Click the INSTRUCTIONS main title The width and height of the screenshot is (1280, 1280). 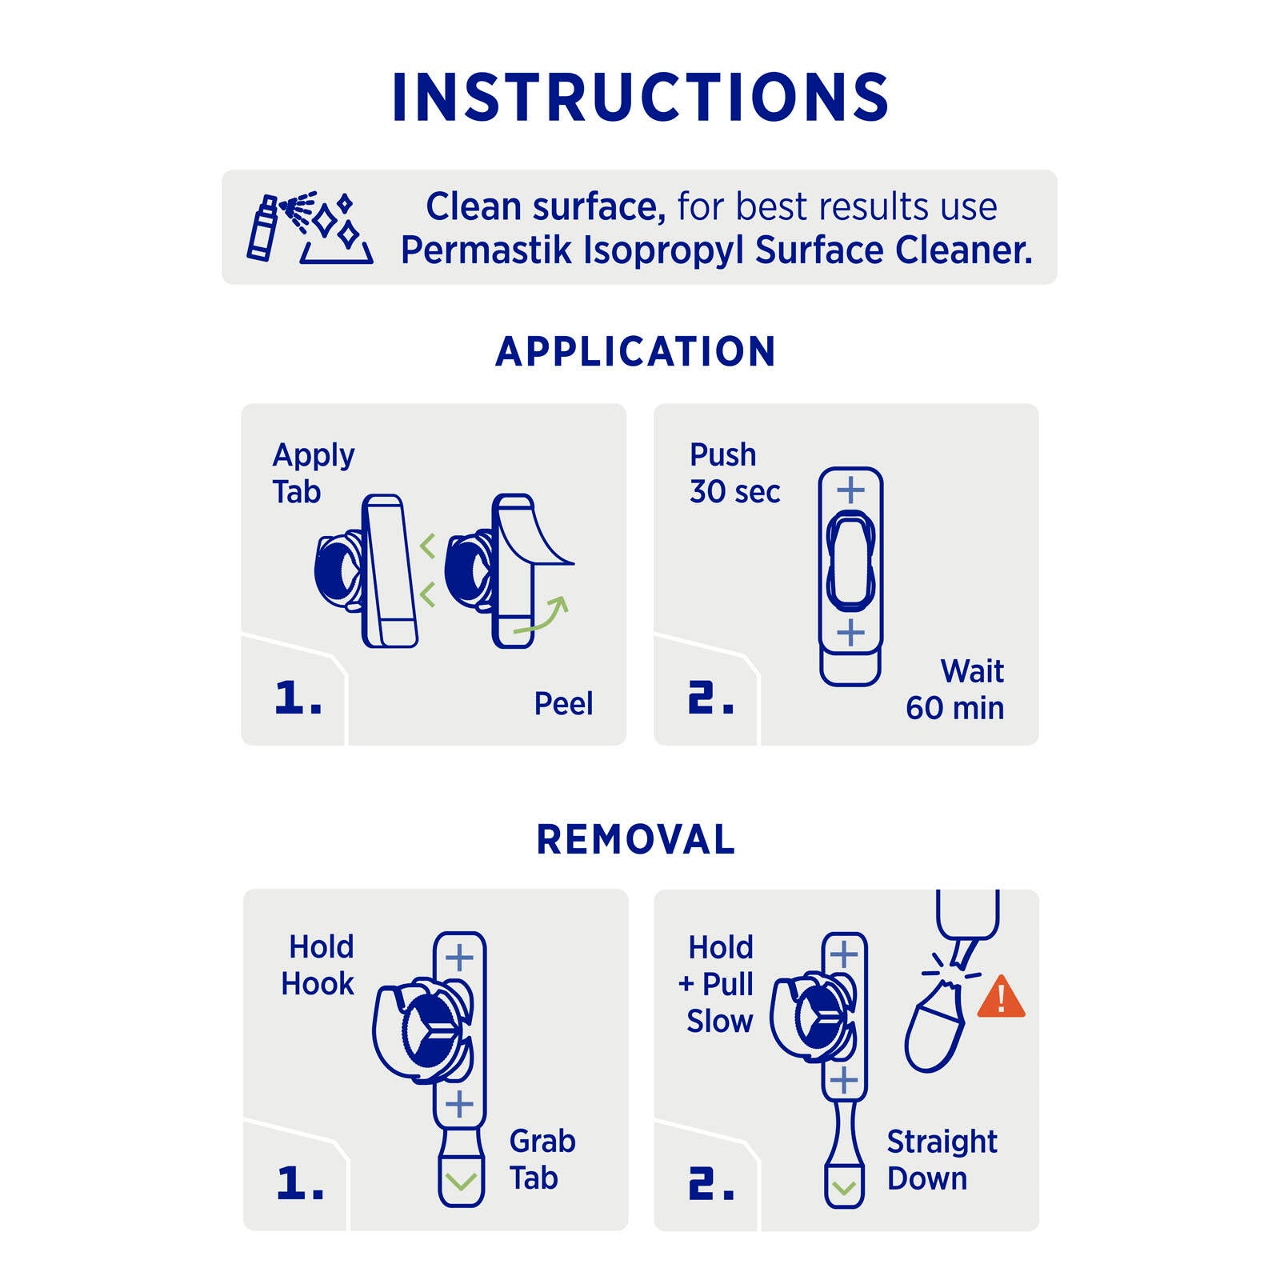(x=640, y=97)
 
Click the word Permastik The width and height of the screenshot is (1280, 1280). (x=486, y=250)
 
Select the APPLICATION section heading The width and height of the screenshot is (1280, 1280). (x=636, y=351)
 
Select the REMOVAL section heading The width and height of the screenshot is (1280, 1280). (x=636, y=839)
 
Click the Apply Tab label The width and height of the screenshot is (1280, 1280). (x=313, y=474)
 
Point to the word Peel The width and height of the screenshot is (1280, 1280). (x=563, y=704)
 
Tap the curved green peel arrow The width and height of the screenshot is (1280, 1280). (x=542, y=615)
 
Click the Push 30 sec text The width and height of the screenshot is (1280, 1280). (x=734, y=473)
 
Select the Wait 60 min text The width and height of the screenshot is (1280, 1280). (x=955, y=689)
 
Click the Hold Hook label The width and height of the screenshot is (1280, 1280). (x=318, y=965)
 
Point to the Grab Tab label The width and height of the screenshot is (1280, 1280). (x=542, y=1159)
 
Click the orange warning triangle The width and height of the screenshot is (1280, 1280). (x=1001, y=997)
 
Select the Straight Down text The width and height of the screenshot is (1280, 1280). (x=942, y=1160)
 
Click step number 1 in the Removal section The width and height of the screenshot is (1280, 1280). (x=300, y=1183)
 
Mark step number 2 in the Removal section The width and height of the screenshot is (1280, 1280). (x=711, y=1183)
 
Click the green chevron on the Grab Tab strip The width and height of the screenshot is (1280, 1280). (x=461, y=1181)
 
